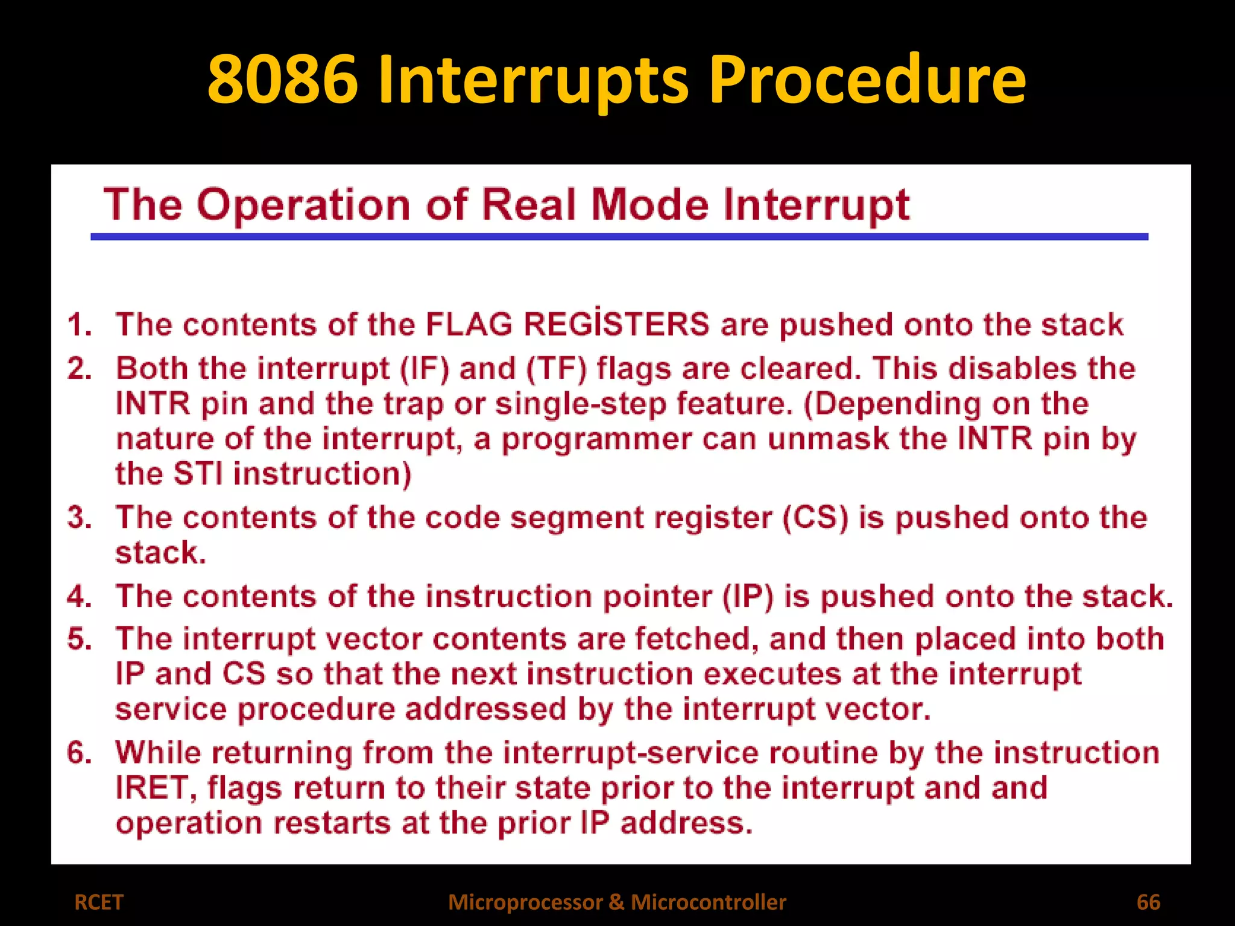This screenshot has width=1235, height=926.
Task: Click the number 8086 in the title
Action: click(282, 80)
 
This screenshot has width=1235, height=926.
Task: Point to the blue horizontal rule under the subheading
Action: click(619, 237)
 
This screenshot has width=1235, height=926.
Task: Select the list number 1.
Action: click(78, 325)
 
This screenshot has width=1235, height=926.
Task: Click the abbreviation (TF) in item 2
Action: click(556, 368)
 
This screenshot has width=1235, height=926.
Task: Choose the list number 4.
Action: click(78, 597)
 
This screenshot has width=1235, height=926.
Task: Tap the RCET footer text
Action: click(98, 902)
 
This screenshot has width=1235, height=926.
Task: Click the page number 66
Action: click(1148, 902)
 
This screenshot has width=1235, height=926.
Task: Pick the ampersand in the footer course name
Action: click(616, 902)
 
